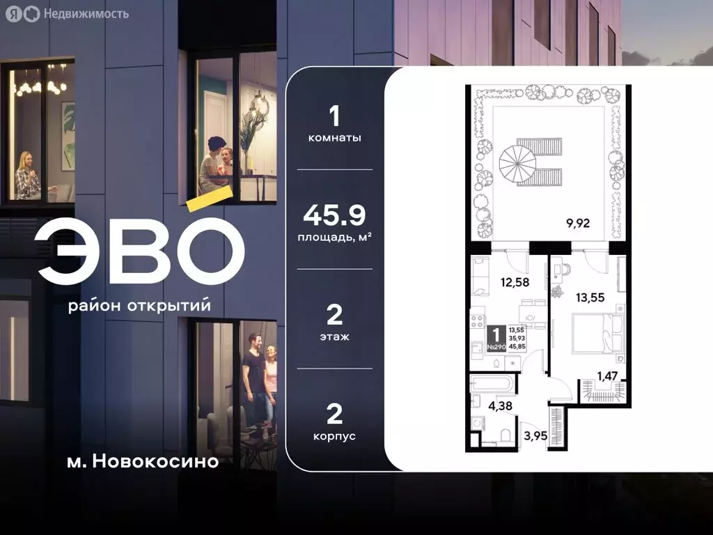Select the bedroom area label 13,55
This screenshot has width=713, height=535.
point(590,294)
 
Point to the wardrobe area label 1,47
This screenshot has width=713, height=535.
point(606,377)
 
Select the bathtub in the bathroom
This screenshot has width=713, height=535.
point(492,383)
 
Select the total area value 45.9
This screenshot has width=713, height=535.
point(334,216)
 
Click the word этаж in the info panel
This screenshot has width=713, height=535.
point(334,336)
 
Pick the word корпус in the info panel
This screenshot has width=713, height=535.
point(334,436)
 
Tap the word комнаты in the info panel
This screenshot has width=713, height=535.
point(334,138)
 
